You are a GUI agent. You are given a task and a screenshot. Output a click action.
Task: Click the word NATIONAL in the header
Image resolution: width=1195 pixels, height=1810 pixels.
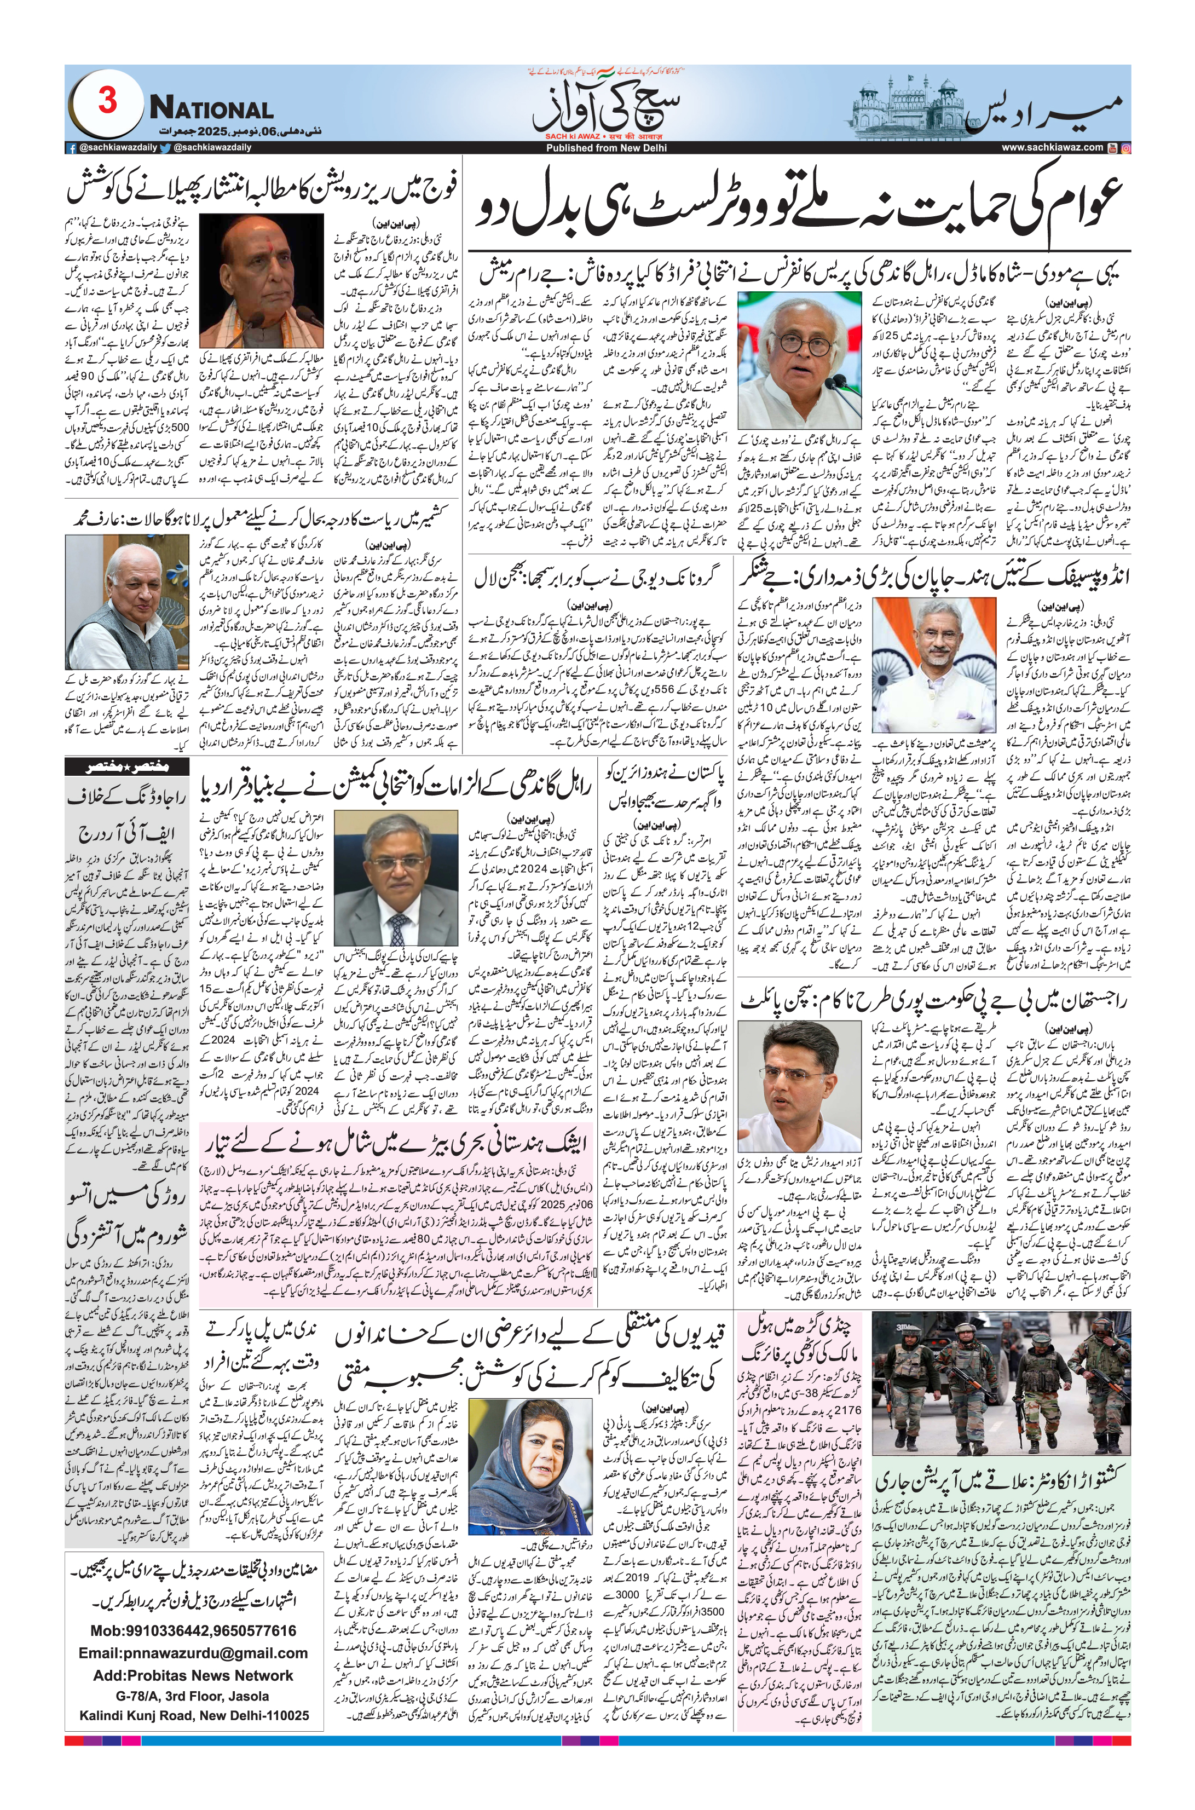pos(211,109)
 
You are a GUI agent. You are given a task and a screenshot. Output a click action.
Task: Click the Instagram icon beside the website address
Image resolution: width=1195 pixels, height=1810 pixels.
pos(1125,148)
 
